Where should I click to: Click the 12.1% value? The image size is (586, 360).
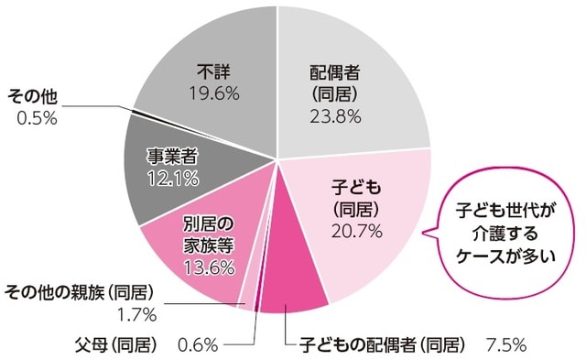click(x=174, y=179)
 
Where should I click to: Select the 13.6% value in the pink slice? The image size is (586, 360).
click(x=209, y=269)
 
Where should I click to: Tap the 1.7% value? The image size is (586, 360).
click(x=137, y=314)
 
